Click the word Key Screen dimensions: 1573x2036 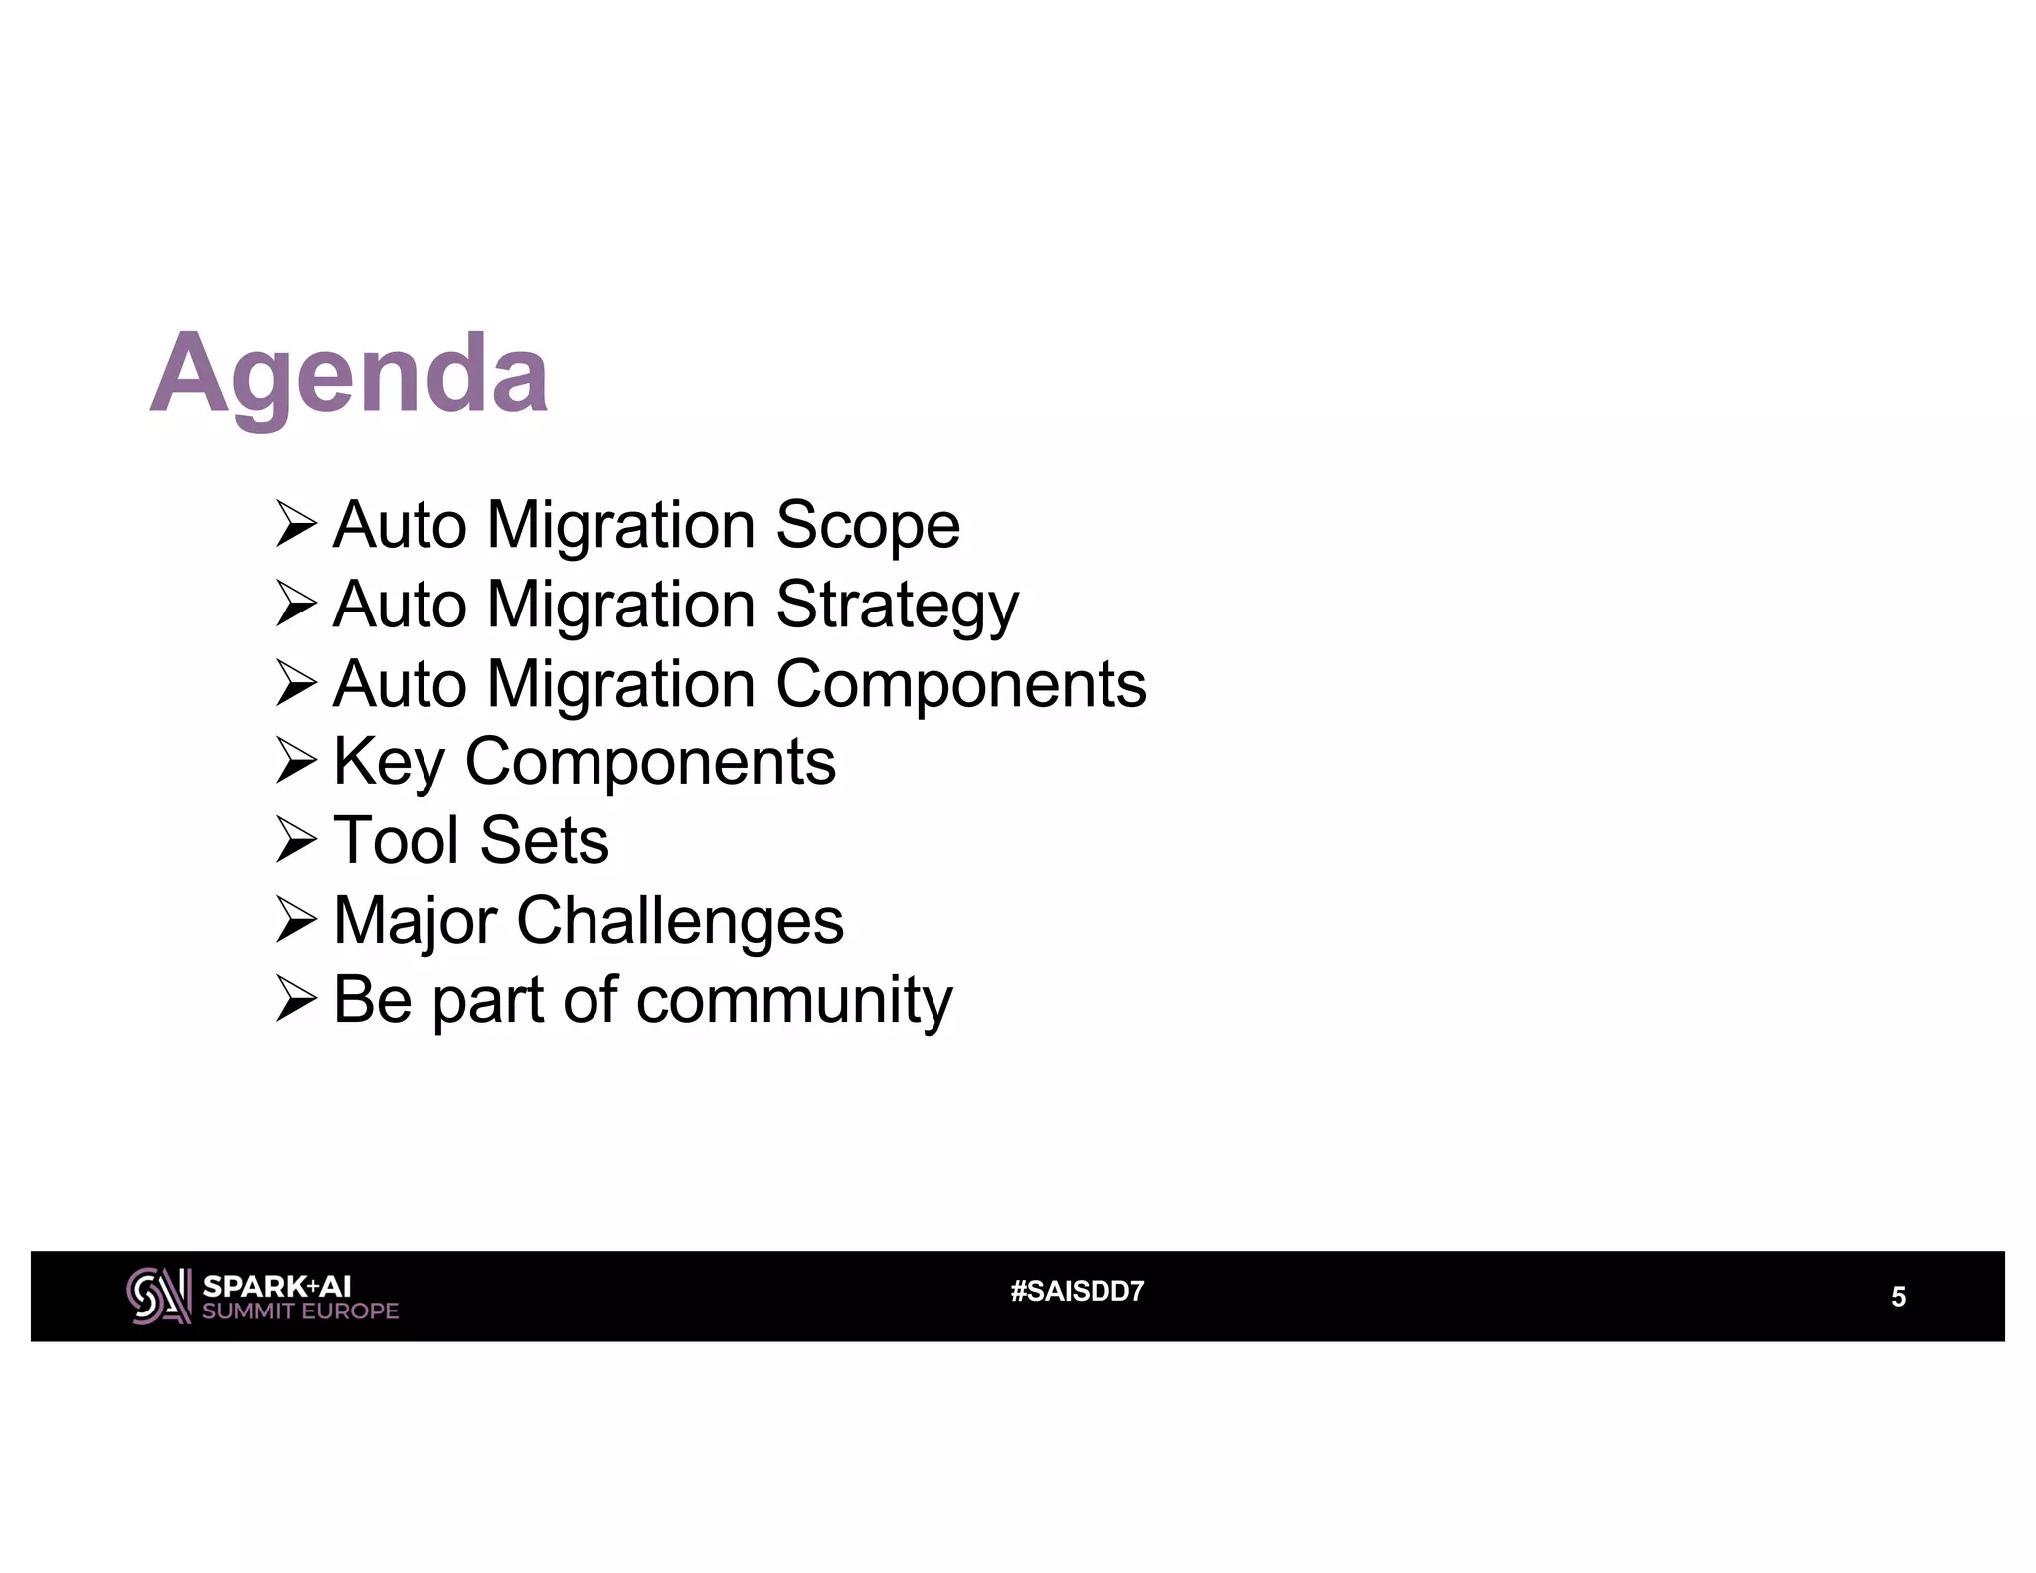pyautogui.click(x=389, y=763)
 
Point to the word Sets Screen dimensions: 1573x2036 pyautogui.click(x=544, y=840)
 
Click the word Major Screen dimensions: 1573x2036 pyautogui.click(x=415, y=920)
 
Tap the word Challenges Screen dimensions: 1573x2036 pyautogui.click(x=680, y=920)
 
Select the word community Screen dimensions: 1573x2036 pyautogui.click(x=794, y=999)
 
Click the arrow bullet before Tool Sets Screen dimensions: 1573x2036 pyautogui.click(x=296, y=841)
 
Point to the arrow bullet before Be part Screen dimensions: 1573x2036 pyautogui.click(x=296, y=1000)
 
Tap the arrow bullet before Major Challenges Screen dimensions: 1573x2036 pyautogui.click(x=296, y=921)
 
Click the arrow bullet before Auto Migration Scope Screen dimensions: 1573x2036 pyautogui.click(x=296, y=525)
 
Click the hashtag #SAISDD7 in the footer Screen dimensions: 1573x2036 pyautogui.click(x=1078, y=1292)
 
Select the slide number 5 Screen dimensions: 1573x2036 pyautogui.click(x=1898, y=1297)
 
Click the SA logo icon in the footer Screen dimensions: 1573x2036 pyautogui.click(x=159, y=1296)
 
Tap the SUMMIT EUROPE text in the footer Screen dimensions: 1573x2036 pyautogui.click(x=300, y=1311)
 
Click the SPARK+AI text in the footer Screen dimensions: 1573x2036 pyautogui.click(x=276, y=1286)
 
